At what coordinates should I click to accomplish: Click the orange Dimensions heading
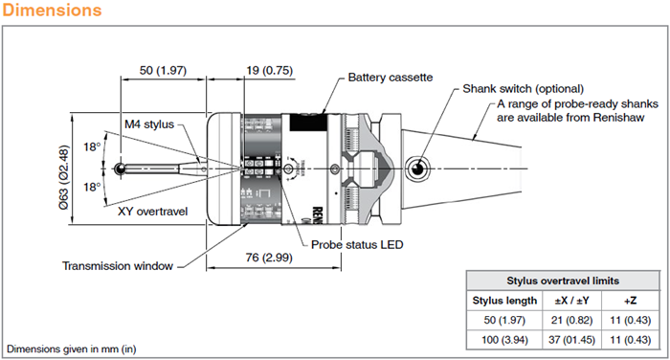click(52, 10)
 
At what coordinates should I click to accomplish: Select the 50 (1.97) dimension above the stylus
click(163, 70)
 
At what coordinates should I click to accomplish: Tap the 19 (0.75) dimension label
click(269, 70)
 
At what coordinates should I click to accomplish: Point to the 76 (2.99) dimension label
click(269, 258)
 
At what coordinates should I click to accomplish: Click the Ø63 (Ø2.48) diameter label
click(64, 177)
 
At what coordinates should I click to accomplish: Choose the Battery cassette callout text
click(391, 78)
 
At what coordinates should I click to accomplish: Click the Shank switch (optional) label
click(523, 89)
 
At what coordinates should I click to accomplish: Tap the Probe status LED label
click(357, 244)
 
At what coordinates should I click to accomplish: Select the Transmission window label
click(118, 266)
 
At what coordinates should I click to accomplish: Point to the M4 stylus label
click(149, 124)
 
